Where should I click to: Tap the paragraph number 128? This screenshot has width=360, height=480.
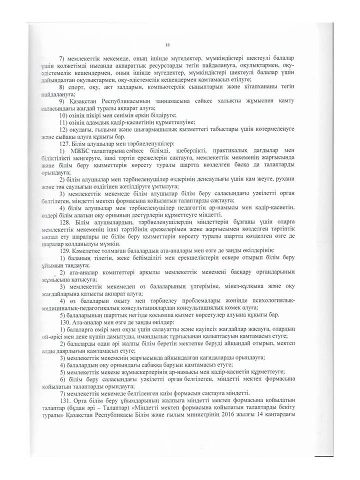tap(65, 234)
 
